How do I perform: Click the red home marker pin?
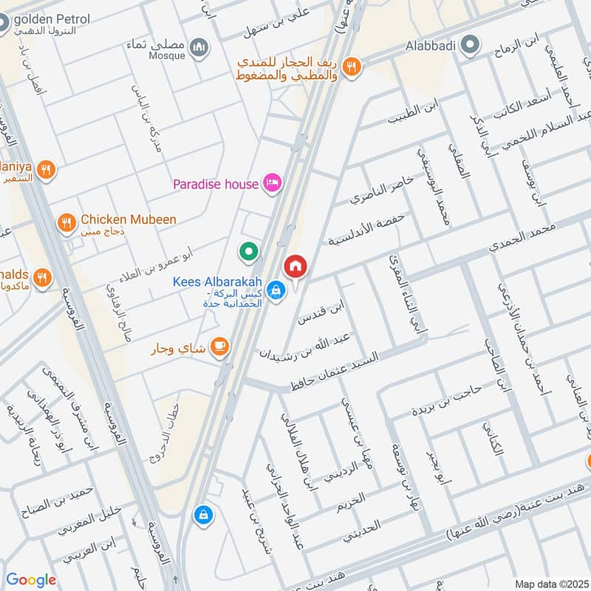point(295,267)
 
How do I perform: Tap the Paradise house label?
point(215,184)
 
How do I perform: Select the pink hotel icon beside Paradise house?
point(272,182)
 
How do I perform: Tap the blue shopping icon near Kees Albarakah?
point(276,290)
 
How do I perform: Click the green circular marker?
point(249,253)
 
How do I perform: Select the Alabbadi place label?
point(431,45)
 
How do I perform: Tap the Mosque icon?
point(198,48)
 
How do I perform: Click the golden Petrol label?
point(52,18)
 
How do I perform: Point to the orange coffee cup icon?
point(219,345)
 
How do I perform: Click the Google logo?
point(31,580)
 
